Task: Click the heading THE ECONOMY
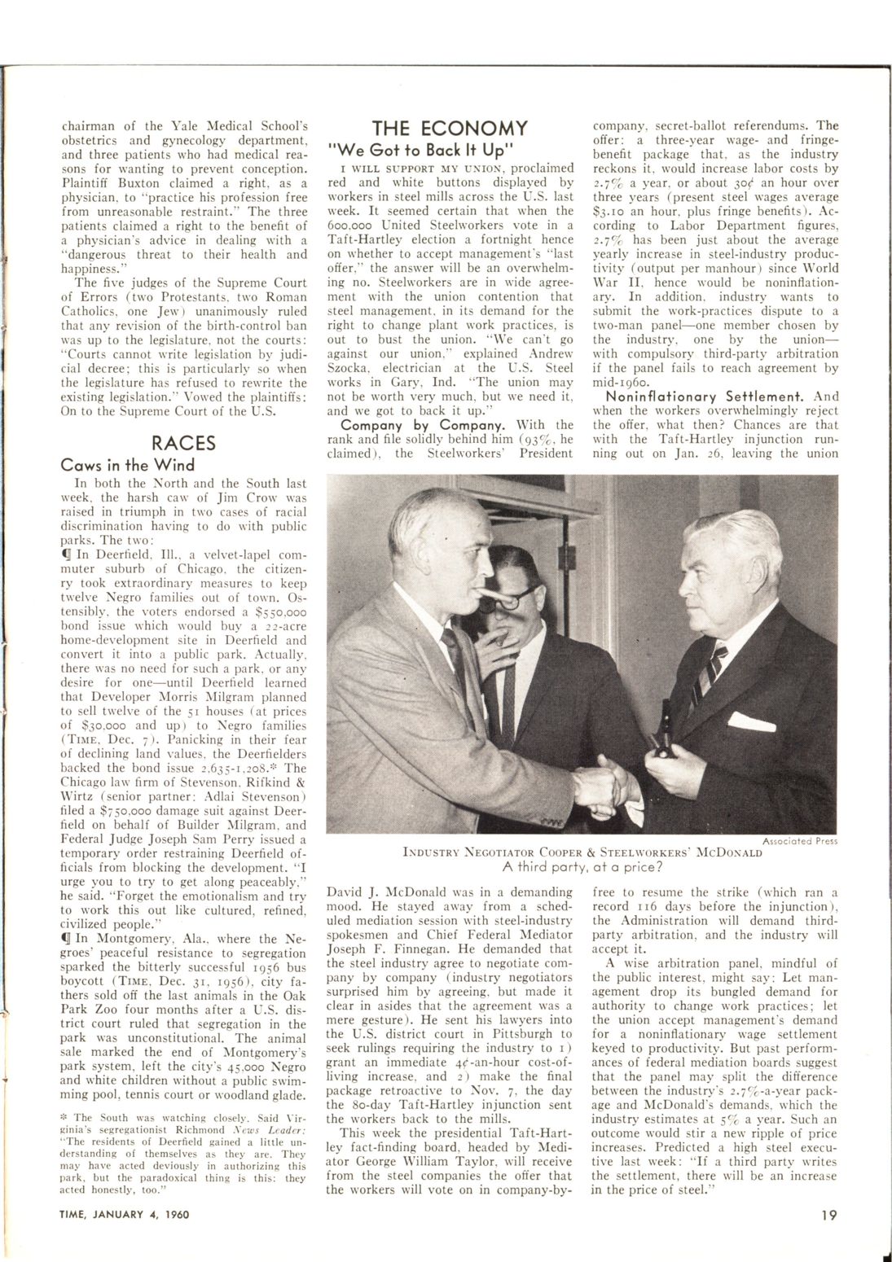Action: click(x=450, y=128)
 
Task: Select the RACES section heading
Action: click(x=184, y=443)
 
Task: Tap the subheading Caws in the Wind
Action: click(x=128, y=465)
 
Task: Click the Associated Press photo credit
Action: click(x=800, y=840)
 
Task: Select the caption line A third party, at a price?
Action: click(x=582, y=866)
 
